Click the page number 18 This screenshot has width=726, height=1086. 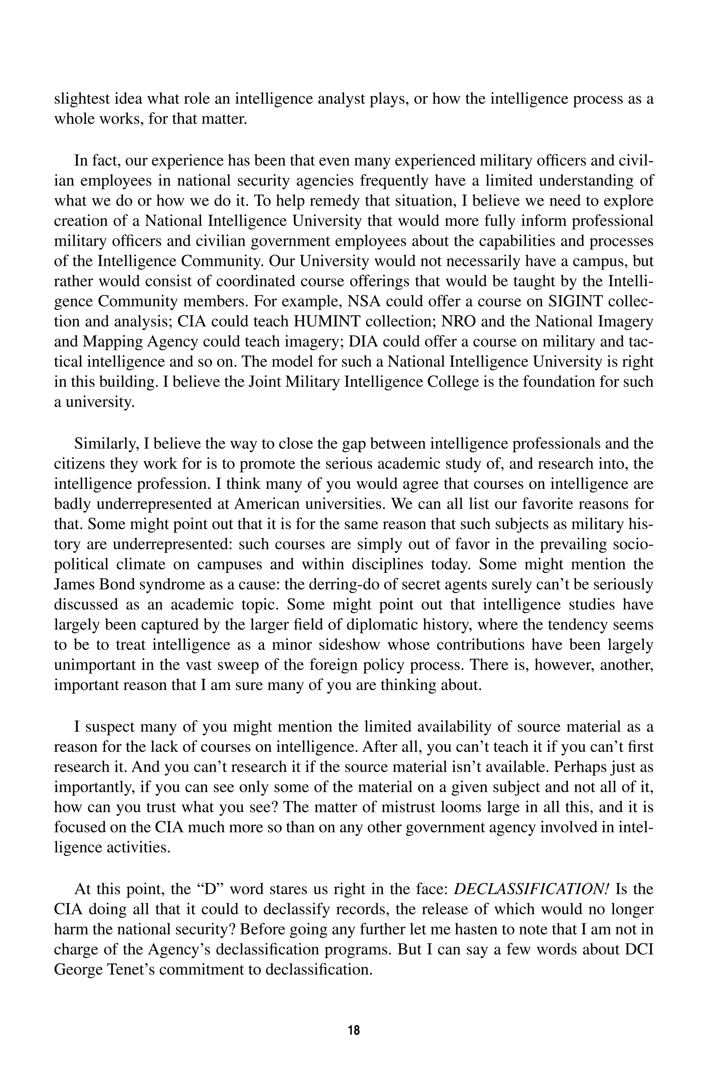coord(353,1030)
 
